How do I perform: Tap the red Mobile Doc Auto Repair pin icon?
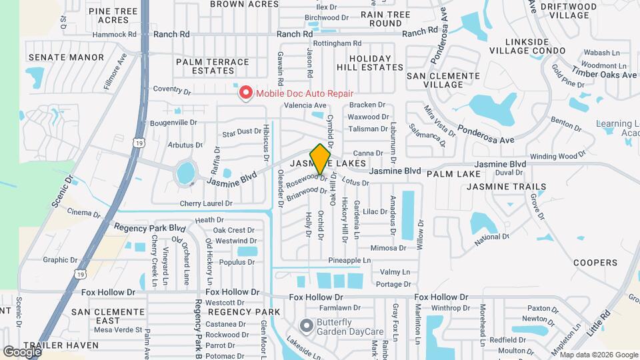(246, 93)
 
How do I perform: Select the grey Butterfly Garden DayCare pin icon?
(306, 326)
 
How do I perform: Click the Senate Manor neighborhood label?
(67, 57)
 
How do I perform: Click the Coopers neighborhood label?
(595, 263)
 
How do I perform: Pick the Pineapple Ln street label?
(349, 260)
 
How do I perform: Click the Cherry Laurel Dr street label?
(206, 203)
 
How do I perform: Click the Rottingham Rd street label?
(337, 43)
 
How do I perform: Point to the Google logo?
(22, 351)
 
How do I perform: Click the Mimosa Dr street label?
(388, 248)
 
